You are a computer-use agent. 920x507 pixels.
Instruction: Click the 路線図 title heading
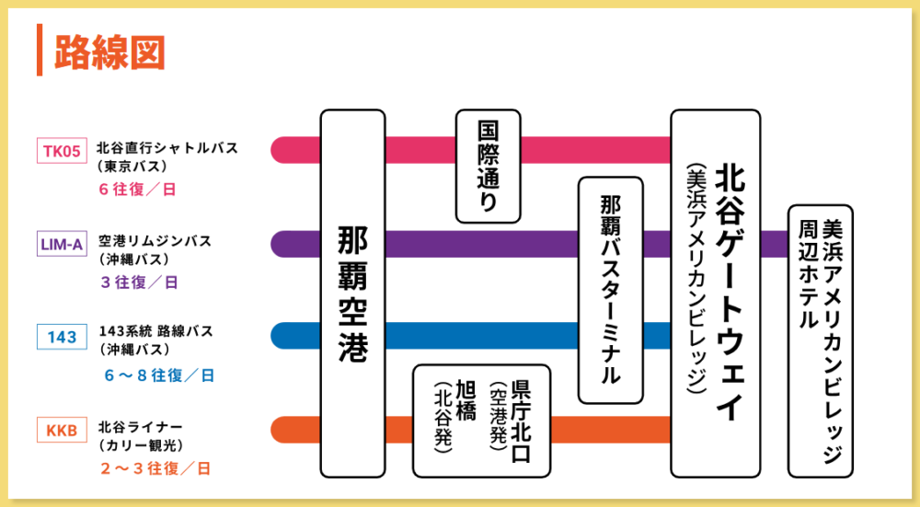tap(109, 52)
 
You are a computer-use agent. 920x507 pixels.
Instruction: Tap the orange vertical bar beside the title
tap(40, 51)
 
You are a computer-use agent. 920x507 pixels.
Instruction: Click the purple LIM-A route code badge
tap(62, 244)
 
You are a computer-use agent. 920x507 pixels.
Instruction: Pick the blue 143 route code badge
tap(62, 337)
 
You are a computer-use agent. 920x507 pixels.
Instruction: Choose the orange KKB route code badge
tap(62, 429)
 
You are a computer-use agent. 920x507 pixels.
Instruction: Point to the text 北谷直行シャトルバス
tap(167, 146)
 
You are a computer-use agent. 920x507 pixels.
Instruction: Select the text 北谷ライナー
tap(140, 426)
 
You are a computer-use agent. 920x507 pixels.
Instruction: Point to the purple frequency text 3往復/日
tap(139, 282)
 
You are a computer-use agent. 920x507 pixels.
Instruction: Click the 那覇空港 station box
tap(353, 294)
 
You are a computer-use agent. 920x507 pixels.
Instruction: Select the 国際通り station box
tap(488, 167)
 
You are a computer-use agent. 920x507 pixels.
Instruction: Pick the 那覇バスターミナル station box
tap(610, 290)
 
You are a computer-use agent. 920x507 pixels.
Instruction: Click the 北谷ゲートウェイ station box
tap(715, 294)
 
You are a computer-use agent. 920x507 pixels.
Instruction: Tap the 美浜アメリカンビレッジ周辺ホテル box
tap(820, 340)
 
